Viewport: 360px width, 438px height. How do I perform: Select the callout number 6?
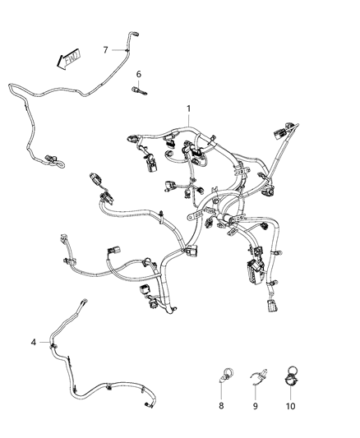pyautogui.click(x=139, y=75)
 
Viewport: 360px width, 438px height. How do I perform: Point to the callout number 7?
pyautogui.click(x=104, y=50)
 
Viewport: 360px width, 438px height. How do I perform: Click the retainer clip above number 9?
pyautogui.click(x=256, y=378)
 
